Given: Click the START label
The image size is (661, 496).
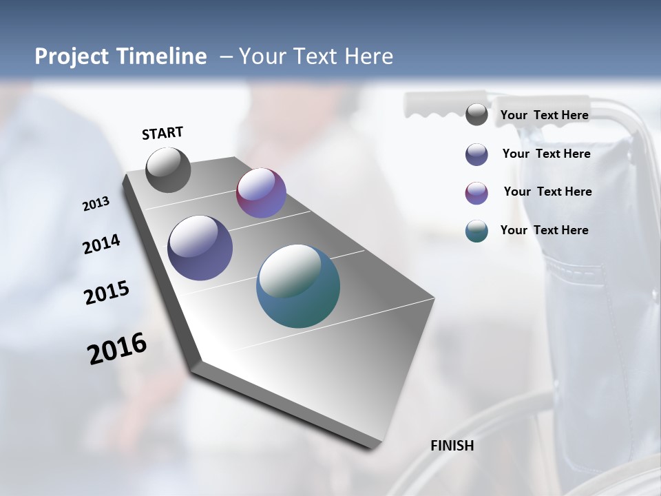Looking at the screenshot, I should tap(162, 133).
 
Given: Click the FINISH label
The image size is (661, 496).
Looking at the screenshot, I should tap(452, 446).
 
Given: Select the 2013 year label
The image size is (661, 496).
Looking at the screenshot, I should tap(96, 204).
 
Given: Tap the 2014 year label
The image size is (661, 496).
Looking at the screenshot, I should tap(101, 245).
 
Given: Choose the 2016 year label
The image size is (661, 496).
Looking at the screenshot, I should tap(117, 349).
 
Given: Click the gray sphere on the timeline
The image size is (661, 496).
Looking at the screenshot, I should tap(168, 170).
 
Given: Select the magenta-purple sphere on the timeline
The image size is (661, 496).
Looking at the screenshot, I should tap(261, 193).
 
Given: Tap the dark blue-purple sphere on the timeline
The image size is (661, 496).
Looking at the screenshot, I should tap(200, 248).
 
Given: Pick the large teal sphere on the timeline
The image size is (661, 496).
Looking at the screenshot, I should tap(298, 286).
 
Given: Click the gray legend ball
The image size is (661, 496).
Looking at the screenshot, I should tap(476, 115).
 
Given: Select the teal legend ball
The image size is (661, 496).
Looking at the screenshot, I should tap(476, 231).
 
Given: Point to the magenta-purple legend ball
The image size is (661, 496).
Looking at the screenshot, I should tap(476, 193).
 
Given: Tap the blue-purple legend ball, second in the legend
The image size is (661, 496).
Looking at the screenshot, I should tap(476, 154).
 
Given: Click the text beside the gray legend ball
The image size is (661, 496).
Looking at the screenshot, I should tap(544, 115).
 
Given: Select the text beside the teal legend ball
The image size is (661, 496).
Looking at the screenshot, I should tap(544, 230).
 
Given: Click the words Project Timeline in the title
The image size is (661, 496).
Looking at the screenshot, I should tap(120, 56).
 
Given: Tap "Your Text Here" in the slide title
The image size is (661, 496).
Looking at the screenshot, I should tap(315, 56).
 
